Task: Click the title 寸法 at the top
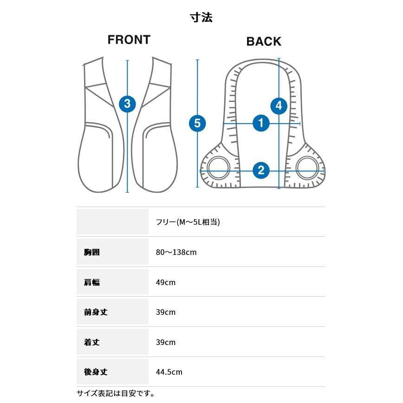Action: tap(201, 18)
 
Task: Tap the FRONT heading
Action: tap(129, 40)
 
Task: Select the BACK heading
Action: tap(264, 41)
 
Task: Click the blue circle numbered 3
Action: tap(128, 104)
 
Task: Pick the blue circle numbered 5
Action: tap(197, 123)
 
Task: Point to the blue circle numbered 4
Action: tap(279, 106)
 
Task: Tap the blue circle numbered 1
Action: tap(261, 123)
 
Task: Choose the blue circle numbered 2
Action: tap(261, 170)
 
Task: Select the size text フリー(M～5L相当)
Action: tap(188, 222)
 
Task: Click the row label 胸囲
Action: tap(92, 252)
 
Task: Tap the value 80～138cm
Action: tap(176, 253)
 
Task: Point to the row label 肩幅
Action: tap(92, 282)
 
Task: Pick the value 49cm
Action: tap(166, 282)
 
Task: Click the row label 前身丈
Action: tap(96, 312)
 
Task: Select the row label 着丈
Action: tap(92, 342)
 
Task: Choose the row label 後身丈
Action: tap(96, 372)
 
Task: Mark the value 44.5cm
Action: tap(169, 372)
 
